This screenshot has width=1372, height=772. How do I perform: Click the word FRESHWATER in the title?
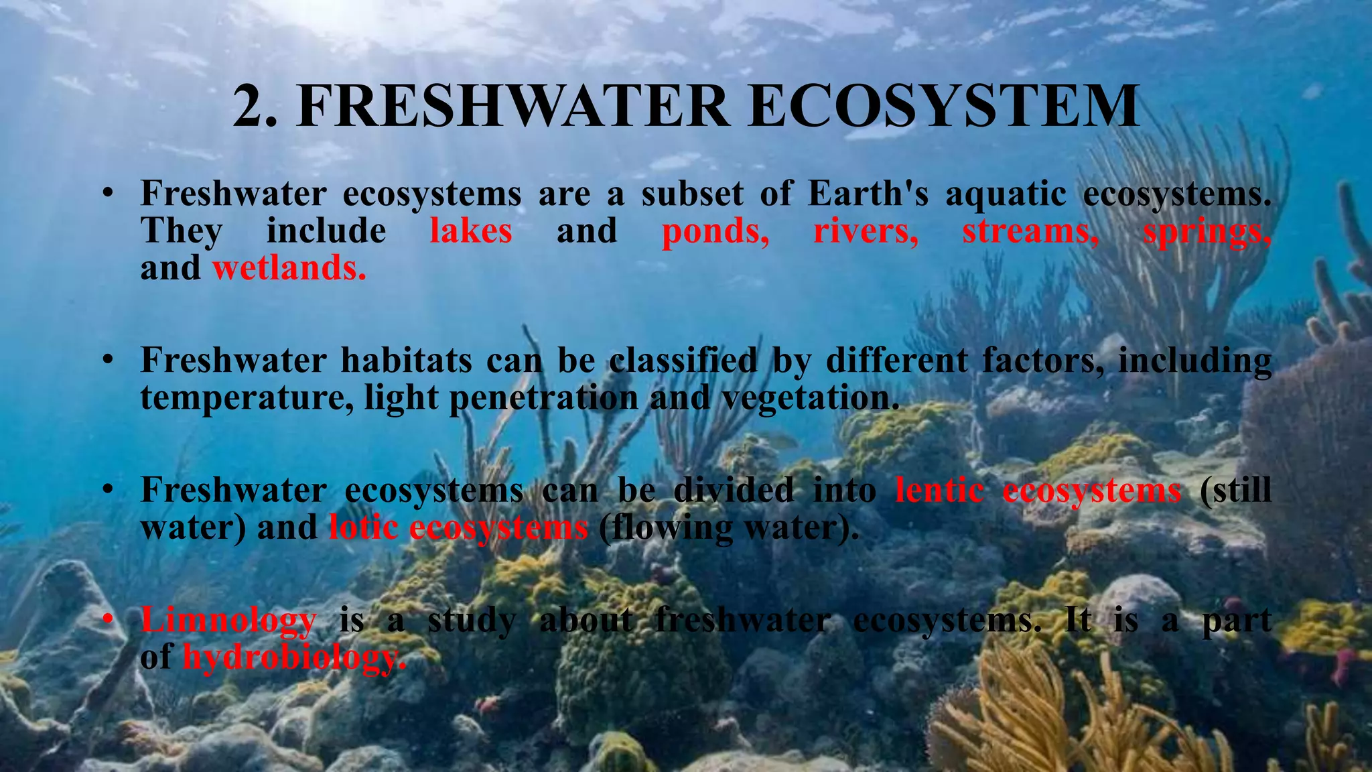(x=513, y=107)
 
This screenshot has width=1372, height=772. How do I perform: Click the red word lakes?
(x=471, y=231)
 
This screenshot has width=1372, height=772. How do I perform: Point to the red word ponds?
(x=715, y=232)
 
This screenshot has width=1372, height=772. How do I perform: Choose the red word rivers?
(x=866, y=232)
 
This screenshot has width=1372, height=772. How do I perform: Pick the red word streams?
(x=1030, y=232)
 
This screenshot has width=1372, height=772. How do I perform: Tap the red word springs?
(x=1207, y=232)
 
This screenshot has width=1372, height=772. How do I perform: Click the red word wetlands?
(x=289, y=268)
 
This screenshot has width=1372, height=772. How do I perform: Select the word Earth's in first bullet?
(x=868, y=194)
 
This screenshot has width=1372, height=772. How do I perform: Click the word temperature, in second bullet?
(x=247, y=398)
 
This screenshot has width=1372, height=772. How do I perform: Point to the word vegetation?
(x=810, y=398)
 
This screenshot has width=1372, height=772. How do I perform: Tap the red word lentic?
(x=939, y=490)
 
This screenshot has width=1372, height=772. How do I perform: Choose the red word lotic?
(x=363, y=527)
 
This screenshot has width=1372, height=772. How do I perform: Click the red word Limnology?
(x=228, y=621)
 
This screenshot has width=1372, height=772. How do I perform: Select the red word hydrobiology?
(x=294, y=657)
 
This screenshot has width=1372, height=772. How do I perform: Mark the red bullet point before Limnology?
(x=107, y=620)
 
